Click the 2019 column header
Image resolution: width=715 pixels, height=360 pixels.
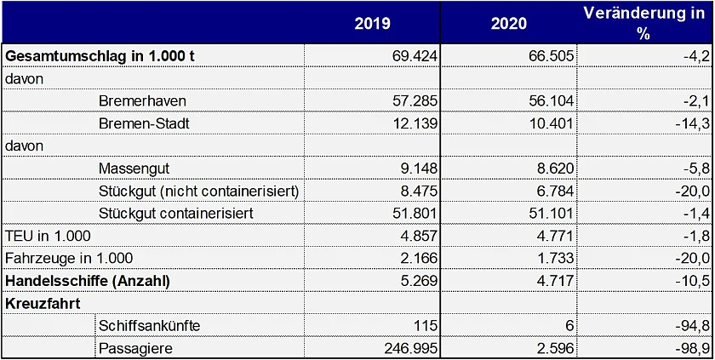click(372, 23)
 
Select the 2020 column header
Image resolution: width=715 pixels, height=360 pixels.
click(509, 23)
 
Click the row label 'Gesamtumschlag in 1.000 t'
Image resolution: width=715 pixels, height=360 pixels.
click(100, 55)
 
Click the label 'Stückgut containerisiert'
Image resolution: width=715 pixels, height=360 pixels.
click(176, 213)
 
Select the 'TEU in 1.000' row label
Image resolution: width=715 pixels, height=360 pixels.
click(49, 236)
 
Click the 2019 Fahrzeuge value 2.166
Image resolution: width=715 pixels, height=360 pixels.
click(417, 258)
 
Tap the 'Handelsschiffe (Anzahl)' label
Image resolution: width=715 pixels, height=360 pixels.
click(88, 281)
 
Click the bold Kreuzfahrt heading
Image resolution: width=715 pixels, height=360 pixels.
click(40, 303)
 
